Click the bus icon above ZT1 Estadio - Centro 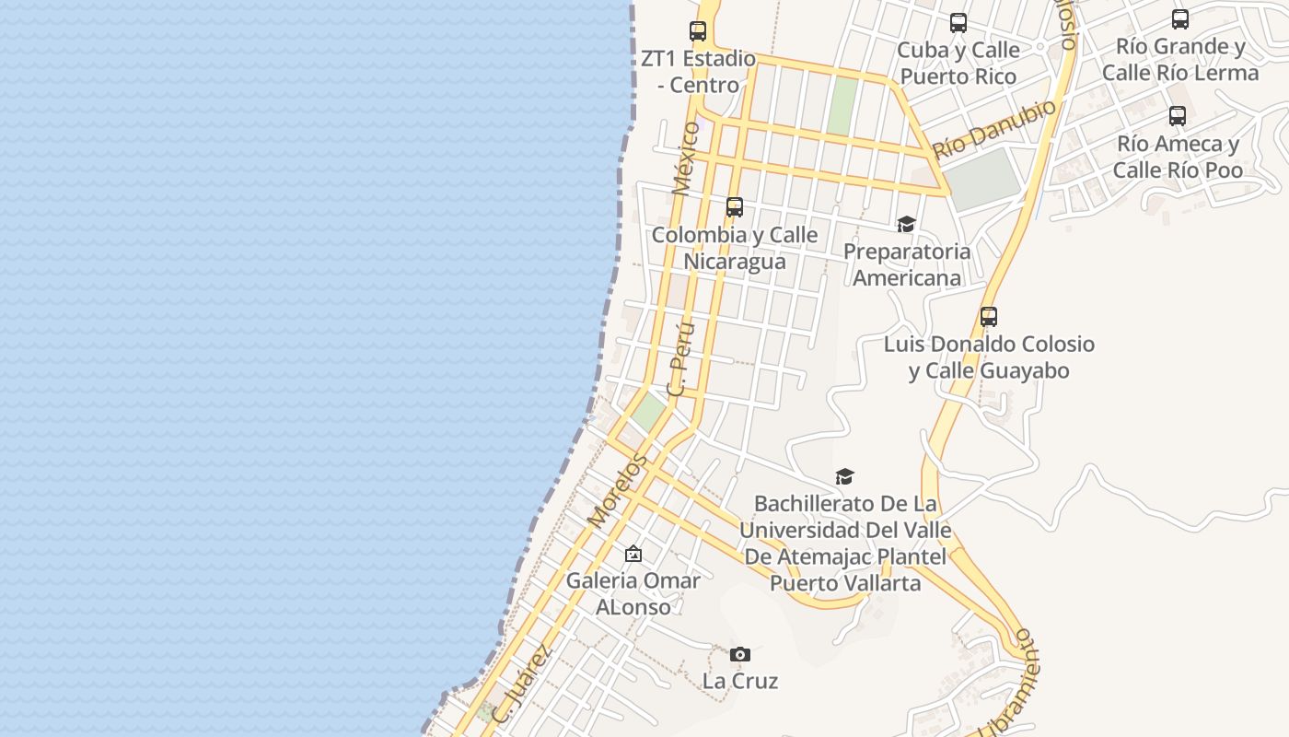(698, 31)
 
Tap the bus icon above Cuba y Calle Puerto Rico (958, 23)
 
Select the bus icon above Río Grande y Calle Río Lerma (1180, 19)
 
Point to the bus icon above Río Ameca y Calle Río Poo (1178, 116)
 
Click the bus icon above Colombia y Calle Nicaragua (735, 207)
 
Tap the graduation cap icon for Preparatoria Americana (907, 225)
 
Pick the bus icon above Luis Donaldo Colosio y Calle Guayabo (989, 317)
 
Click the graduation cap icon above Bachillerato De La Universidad (844, 476)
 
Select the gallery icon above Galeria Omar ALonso (633, 554)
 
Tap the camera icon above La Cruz (740, 655)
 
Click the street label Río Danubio (994, 130)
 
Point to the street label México (686, 158)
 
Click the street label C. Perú (679, 358)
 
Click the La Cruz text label (740, 682)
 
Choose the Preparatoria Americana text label (907, 264)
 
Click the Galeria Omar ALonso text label (633, 593)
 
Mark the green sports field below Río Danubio (983, 179)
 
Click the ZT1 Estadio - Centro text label (698, 72)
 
